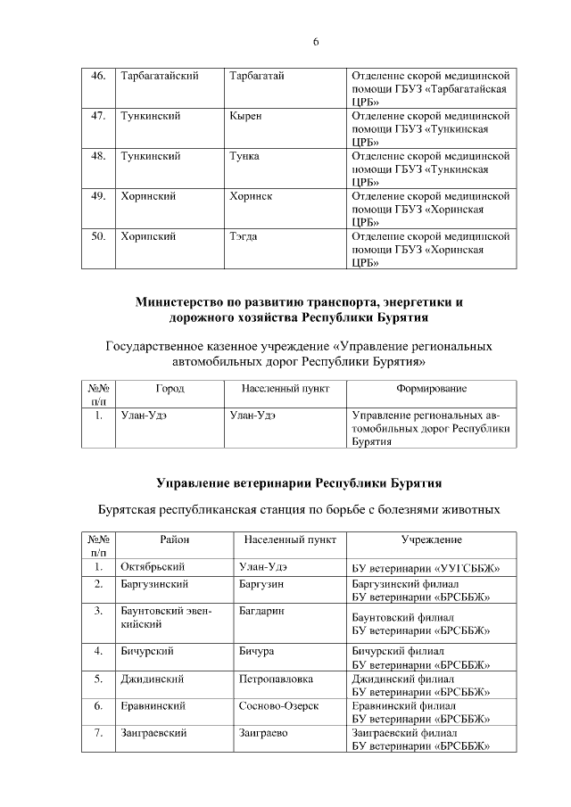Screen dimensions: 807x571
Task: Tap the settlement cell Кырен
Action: (x=245, y=116)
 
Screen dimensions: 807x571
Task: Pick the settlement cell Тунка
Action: (x=244, y=156)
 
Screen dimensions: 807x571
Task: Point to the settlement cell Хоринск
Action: (x=250, y=196)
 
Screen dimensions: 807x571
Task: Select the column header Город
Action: (x=170, y=389)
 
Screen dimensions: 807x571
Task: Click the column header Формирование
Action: (x=432, y=389)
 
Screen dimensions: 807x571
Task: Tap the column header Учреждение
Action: (x=432, y=540)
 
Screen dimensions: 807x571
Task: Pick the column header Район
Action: (x=175, y=540)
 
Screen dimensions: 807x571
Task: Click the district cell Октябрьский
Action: (x=152, y=567)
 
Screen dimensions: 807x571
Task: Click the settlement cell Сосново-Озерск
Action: (x=279, y=706)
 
